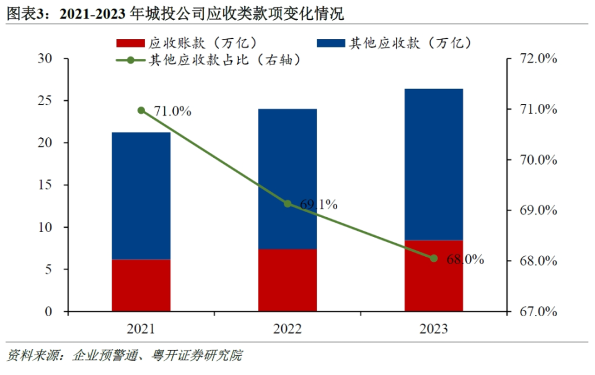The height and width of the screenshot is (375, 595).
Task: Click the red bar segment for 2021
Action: point(141,285)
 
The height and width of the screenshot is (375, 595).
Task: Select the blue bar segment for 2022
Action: point(288,179)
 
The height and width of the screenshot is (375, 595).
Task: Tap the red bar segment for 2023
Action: point(434,275)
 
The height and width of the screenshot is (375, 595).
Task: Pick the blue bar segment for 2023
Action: point(434,164)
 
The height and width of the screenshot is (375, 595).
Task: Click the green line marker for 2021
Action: point(141,110)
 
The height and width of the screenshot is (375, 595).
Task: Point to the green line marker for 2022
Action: point(288,204)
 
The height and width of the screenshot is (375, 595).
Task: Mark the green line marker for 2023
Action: point(434,258)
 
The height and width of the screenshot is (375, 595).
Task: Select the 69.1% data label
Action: point(319,204)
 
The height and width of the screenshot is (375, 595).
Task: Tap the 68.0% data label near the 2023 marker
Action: point(465,259)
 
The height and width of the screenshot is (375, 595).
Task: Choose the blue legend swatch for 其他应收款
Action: point(330,43)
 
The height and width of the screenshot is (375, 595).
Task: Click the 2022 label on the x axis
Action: point(288,328)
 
